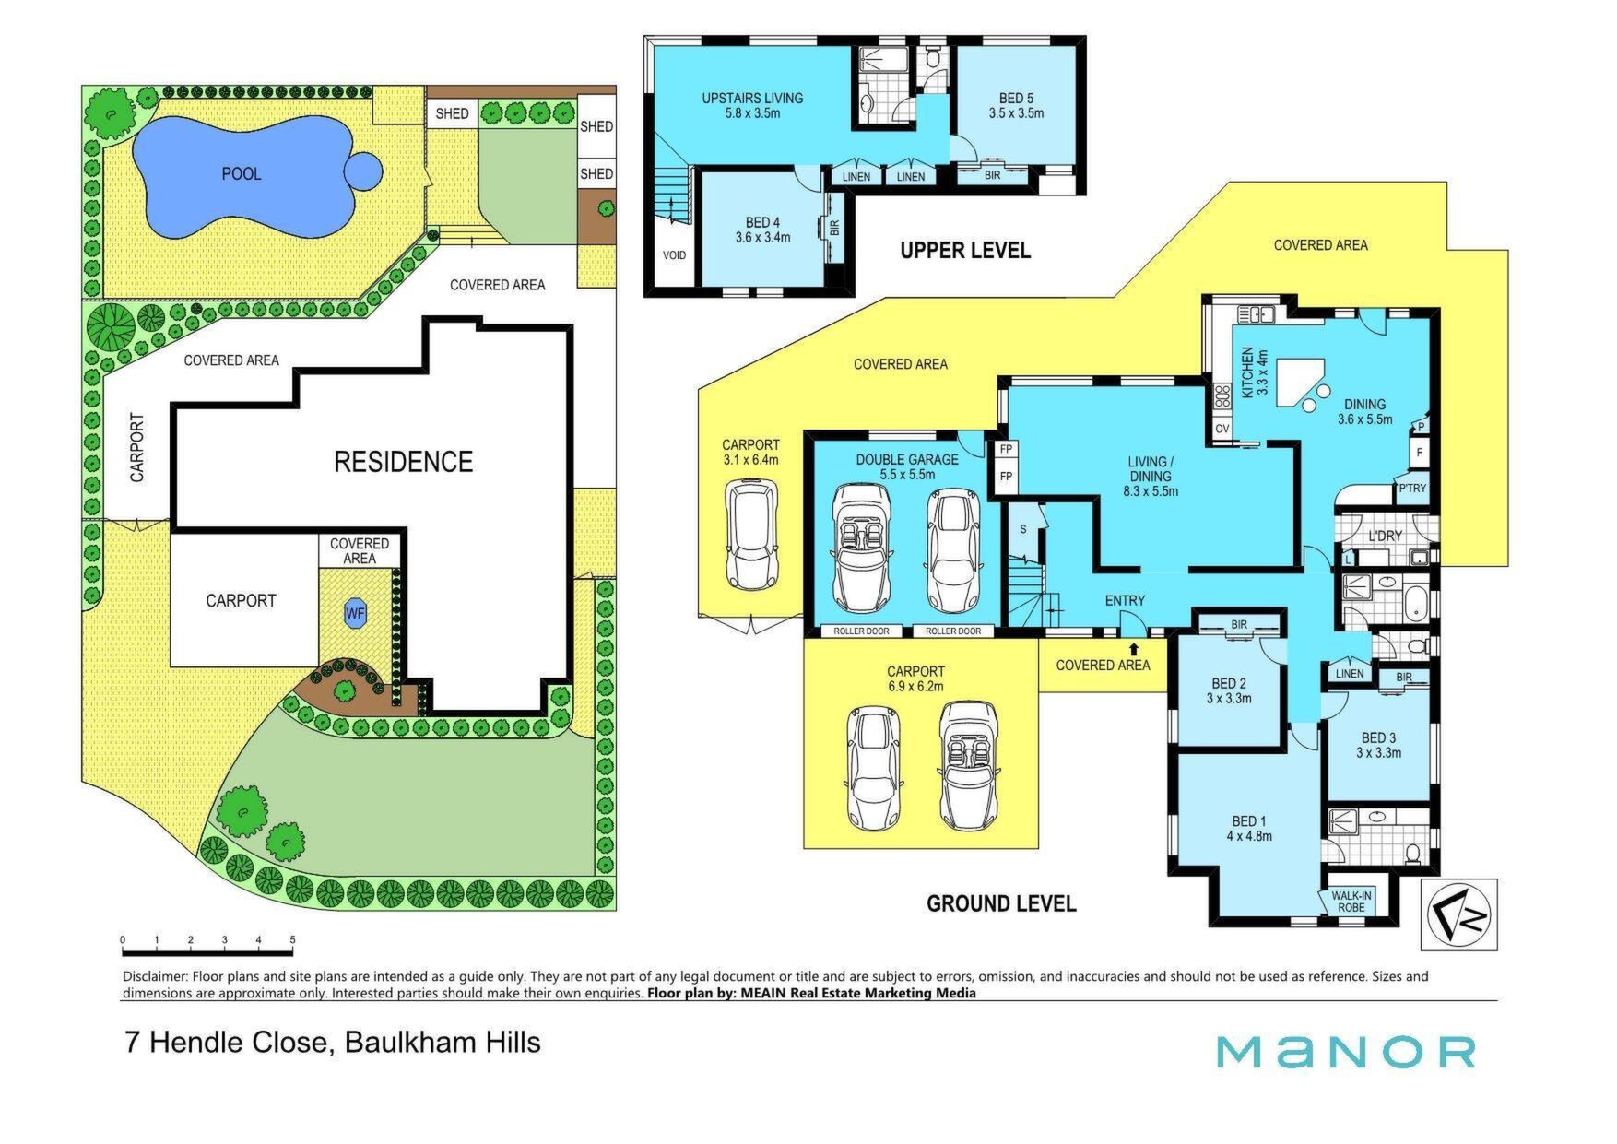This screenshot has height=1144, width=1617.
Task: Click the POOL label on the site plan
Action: [x=241, y=173]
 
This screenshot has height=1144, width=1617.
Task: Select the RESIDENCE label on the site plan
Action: [x=403, y=461]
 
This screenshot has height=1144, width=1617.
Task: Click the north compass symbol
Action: [x=1458, y=914]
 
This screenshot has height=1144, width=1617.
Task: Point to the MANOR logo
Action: [x=1345, y=1052]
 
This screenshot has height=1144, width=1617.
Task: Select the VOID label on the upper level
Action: [x=674, y=255]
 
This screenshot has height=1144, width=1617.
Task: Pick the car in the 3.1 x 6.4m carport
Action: [x=752, y=534]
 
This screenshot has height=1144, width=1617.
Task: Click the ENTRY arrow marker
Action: [x=1134, y=625]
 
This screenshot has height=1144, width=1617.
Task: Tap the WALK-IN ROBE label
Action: [x=1351, y=902]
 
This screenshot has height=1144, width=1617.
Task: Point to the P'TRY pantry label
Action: [x=1411, y=489]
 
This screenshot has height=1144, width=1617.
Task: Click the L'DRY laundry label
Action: [x=1385, y=536]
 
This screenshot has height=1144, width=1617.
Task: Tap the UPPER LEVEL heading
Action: [x=965, y=250]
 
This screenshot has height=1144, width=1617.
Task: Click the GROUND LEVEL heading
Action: [x=1001, y=903]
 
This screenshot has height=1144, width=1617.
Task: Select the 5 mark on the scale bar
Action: [x=292, y=940]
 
